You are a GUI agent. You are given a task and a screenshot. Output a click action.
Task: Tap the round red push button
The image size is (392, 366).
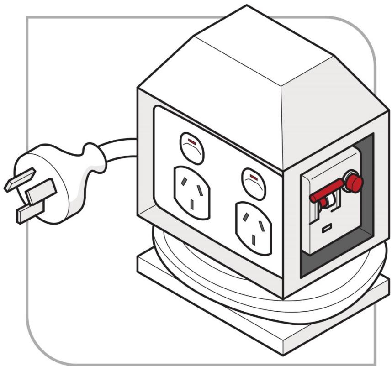(x=354, y=183)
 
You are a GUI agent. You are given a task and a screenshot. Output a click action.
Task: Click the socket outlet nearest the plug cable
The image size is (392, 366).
(x=192, y=192)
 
